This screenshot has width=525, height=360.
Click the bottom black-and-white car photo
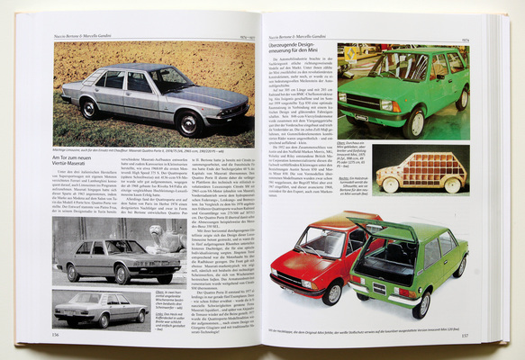[x=102, y=309]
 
